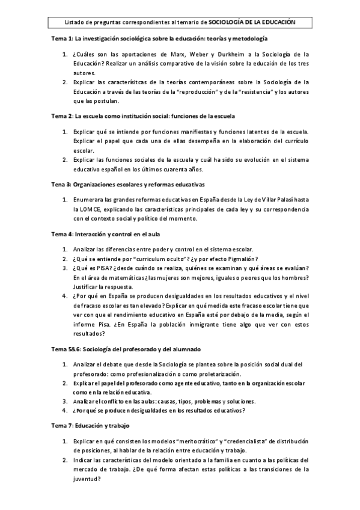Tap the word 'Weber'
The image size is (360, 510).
(x=194, y=54)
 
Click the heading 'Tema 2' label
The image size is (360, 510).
(x=61, y=115)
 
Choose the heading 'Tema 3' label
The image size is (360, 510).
(x=61, y=184)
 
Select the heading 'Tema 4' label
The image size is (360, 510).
(x=61, y=232)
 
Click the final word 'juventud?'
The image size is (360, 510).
(x=88, y=478)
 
